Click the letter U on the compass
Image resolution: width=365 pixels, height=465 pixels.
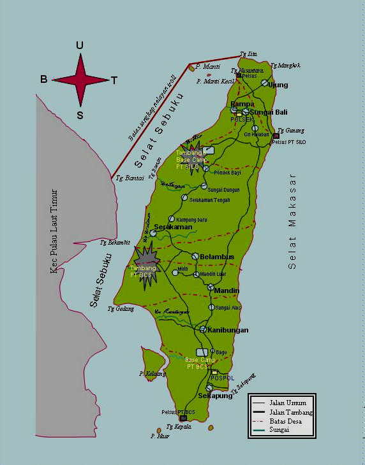pos(79,45)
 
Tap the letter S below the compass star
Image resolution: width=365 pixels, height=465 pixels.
pos(80,115)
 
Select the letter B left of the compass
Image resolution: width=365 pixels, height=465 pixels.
pos(43,80)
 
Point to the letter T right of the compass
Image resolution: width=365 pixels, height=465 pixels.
pos(114,80)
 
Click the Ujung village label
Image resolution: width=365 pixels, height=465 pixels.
pos(278,85)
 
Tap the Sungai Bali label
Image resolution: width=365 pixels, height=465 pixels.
pos(267,112)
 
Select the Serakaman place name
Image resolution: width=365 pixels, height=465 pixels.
pos(173,227)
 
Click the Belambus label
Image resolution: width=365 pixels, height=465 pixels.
pos(217,257)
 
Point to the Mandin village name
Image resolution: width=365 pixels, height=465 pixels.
pos(227,290)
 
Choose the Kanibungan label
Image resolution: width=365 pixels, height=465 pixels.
pos(228,330)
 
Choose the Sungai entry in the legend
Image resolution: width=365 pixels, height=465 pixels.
pos(283,430)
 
